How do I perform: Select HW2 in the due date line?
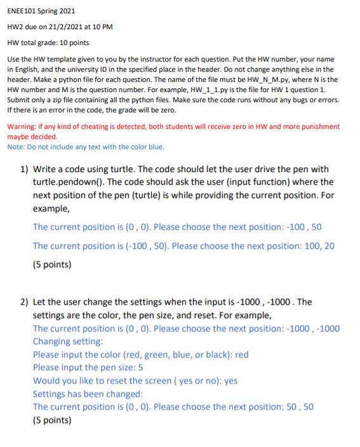pos(15,27)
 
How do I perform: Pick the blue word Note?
pos(15,147)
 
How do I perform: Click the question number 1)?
pos(23,169)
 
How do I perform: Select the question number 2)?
pos(23,302)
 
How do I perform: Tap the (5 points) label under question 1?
pos(52,265)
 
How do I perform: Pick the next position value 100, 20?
pos(318,246)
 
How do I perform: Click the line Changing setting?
pos(68,341)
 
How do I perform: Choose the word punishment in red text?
pos(321,126)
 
